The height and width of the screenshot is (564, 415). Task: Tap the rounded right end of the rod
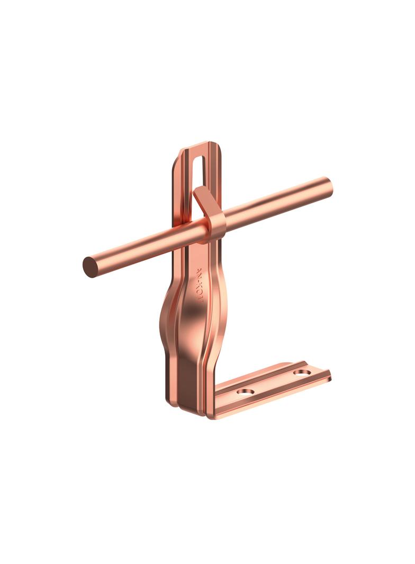click(328, 187)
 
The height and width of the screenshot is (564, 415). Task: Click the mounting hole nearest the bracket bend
click(245, 393)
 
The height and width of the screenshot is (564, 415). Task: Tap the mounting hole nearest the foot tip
click(302, 373)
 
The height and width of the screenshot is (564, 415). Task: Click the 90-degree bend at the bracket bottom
click(212, 410)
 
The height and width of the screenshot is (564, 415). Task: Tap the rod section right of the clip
click(275, 203)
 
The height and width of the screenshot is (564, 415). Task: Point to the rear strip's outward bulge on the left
click(165, 317)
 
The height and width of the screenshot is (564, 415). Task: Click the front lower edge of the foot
click(270, 399)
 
